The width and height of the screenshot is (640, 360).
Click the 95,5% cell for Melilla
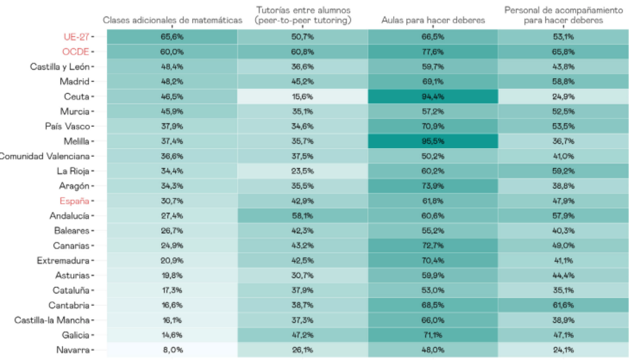432,141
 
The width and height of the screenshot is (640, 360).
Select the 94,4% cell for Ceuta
432,96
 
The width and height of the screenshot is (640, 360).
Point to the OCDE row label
75,52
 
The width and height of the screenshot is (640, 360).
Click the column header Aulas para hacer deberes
432,20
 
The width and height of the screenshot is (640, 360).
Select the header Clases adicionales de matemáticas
172,20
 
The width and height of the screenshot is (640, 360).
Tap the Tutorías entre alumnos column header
302,15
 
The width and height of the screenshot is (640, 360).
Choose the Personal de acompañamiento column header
563,15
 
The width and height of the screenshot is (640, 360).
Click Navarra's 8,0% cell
172,349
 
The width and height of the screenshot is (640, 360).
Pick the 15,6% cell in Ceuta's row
302,96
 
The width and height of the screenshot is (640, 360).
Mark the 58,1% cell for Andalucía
302,216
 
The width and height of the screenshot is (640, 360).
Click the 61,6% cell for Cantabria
563,305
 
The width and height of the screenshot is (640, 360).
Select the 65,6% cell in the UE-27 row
172,37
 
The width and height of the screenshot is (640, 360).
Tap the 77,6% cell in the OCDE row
432,52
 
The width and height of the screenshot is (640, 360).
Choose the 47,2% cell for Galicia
302,335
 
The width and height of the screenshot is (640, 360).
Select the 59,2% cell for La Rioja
563,171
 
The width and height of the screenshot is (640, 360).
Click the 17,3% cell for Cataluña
172,290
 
